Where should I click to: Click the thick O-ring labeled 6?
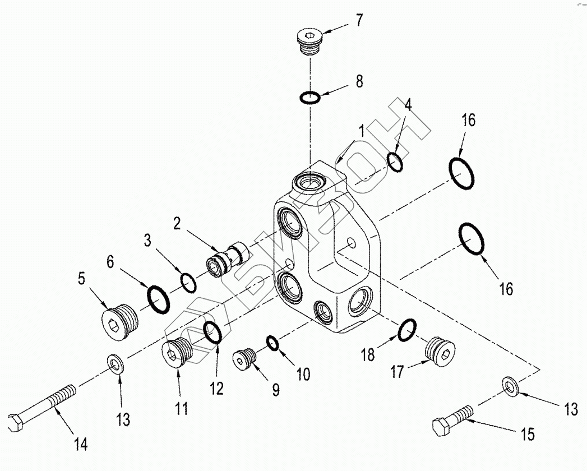[x=158, y=298]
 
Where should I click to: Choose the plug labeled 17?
[x=440, y=351]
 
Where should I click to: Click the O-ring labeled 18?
[x=407, y=330]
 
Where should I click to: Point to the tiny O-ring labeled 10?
[x=272, y=342]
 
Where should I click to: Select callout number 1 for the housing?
[x=362, y=131]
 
